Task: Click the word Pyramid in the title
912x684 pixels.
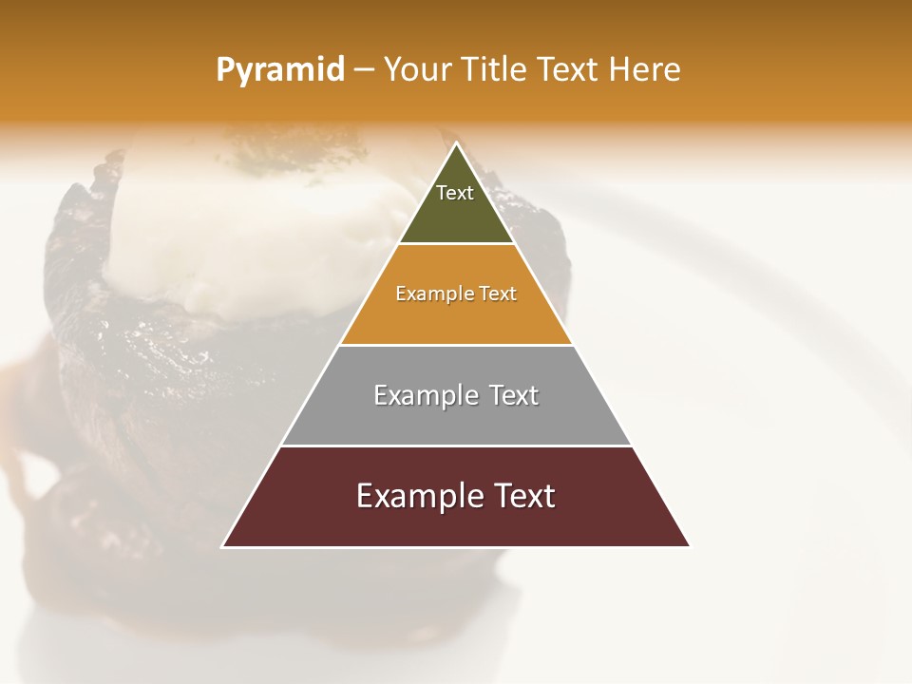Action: [x=280, y=70]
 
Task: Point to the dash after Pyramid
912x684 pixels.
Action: [x=364, y=70]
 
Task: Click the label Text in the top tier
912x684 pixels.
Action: [x=455, y=193]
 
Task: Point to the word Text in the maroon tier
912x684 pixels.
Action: [x=522, y=496]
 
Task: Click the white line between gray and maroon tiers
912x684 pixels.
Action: [x=456, y=446]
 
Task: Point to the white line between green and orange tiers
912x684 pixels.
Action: [x=456, y=244]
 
